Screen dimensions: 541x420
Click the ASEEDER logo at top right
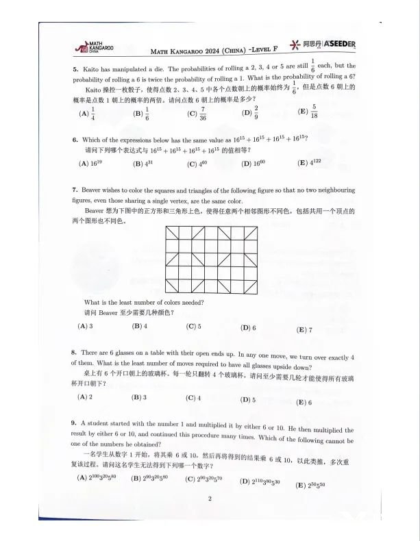click(x=328, y=45)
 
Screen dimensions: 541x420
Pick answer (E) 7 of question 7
click(x=304, y=329)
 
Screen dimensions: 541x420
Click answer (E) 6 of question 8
click(x=304, y=402)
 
